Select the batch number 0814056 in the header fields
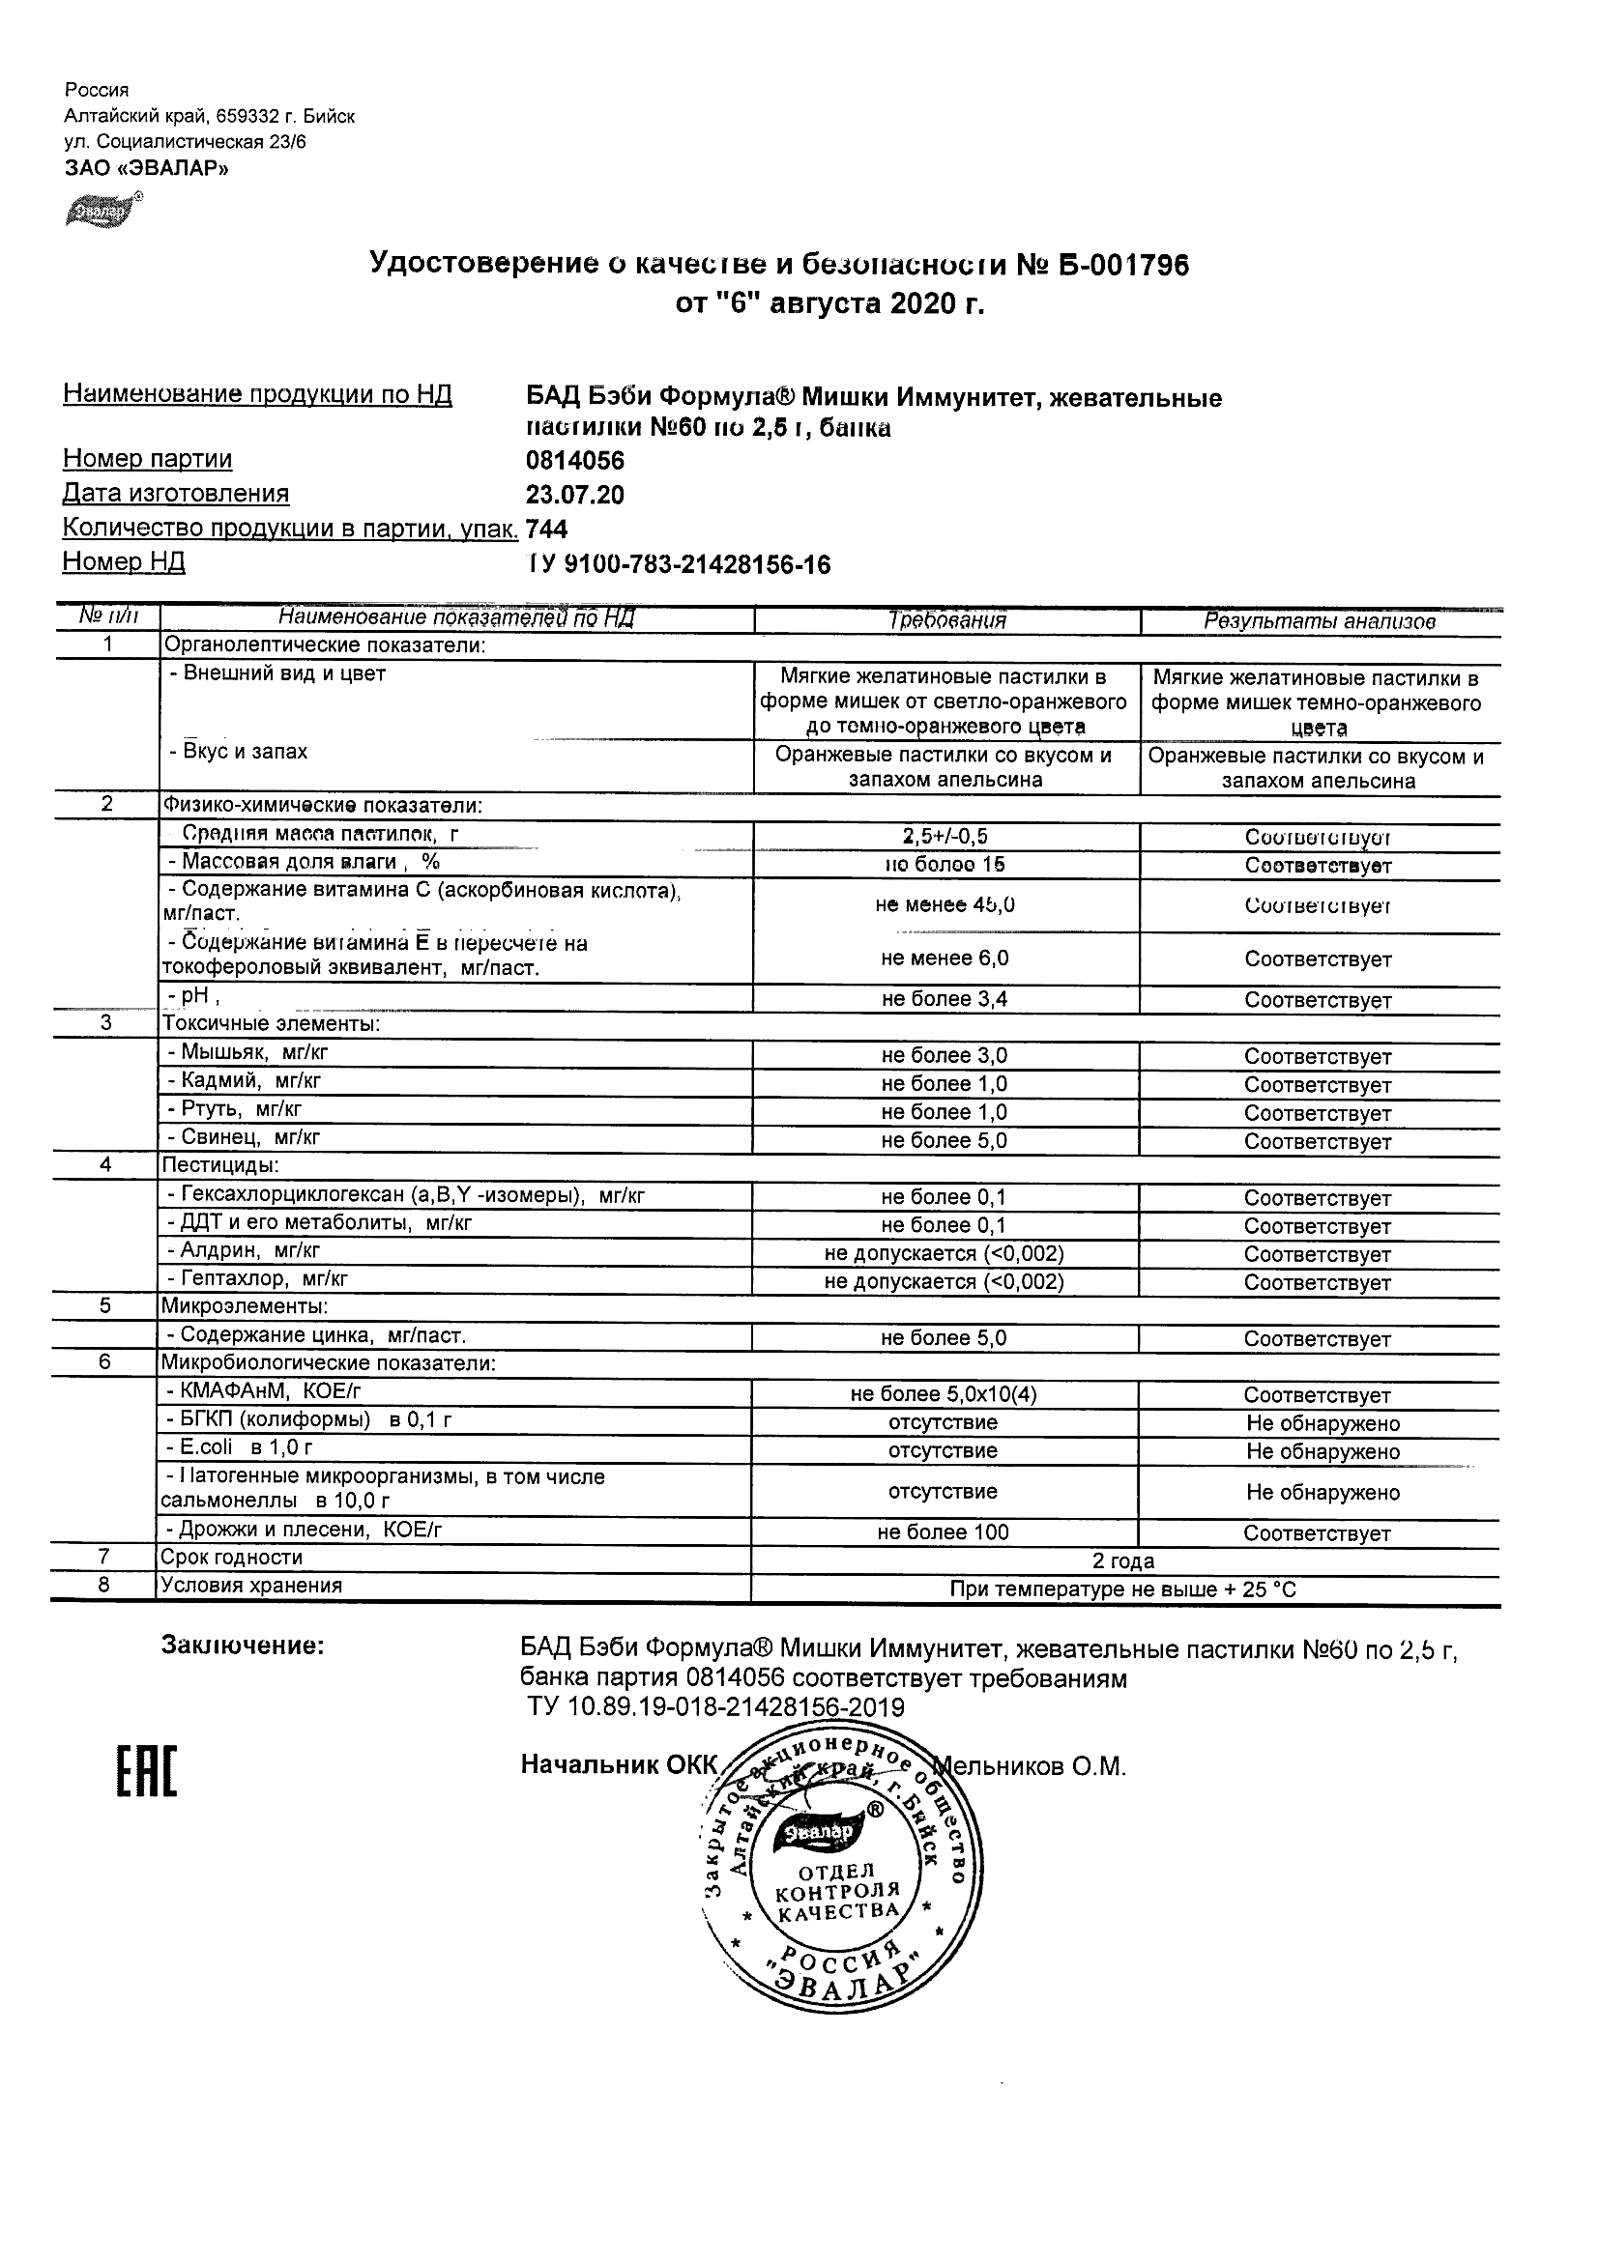point(575,461)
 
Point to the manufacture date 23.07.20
point(575,495)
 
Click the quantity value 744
point(547,529)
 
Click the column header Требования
point(946,620)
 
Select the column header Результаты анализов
point(1320,621)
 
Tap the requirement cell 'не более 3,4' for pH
point(945,999)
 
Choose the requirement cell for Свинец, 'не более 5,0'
point(945,1140)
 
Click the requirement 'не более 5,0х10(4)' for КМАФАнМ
point(944,1394)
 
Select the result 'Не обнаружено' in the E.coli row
point(1323,1451)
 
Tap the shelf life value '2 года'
point(1123,1560)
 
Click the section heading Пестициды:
point(220,1165)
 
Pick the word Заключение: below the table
point(243,1646)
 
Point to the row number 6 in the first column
point(105,1362)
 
